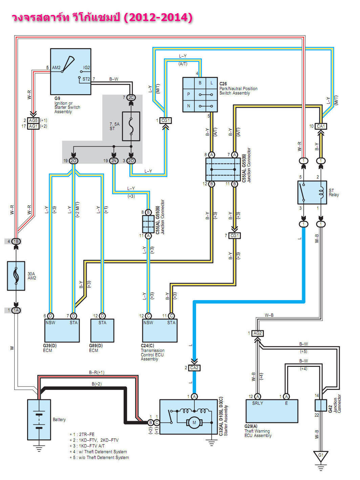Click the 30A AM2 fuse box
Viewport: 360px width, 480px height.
[16, 276]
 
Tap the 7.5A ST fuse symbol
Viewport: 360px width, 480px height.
[131, 126]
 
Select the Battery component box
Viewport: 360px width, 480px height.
[39, 419]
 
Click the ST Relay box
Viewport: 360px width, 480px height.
[312, 192]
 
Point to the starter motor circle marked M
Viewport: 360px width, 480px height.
[194, 422]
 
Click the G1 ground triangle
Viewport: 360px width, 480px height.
[320, 456]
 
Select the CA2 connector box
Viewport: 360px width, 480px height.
[194, 368]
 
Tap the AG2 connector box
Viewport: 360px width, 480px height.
[257, 333]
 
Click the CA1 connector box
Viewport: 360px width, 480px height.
[320, 126]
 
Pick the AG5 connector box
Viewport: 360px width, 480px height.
[33, 120]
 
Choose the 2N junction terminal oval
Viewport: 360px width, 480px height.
[114, 161]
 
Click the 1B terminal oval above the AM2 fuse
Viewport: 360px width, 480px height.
[16, 242]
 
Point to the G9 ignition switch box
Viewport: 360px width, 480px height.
[70, 71]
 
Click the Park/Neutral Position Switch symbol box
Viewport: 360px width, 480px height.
[200, 95]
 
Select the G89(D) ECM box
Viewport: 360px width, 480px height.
[102, 330]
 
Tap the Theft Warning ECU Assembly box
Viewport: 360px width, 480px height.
[272, 411]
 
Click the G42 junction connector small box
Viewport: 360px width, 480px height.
[320, 405]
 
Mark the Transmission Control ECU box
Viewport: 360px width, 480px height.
[160, 330]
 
